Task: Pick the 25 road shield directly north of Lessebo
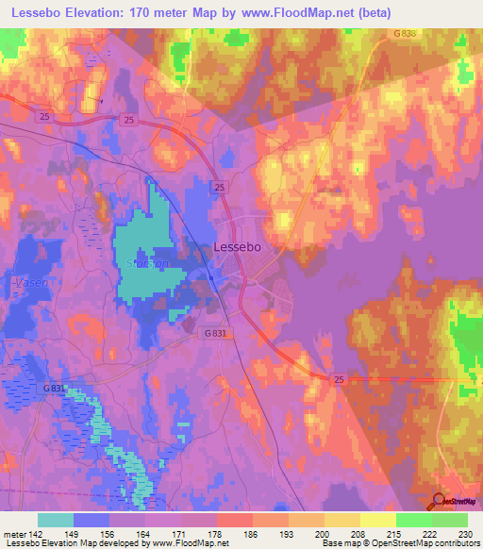[218, 187]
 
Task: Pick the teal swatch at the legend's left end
[55, 520]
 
